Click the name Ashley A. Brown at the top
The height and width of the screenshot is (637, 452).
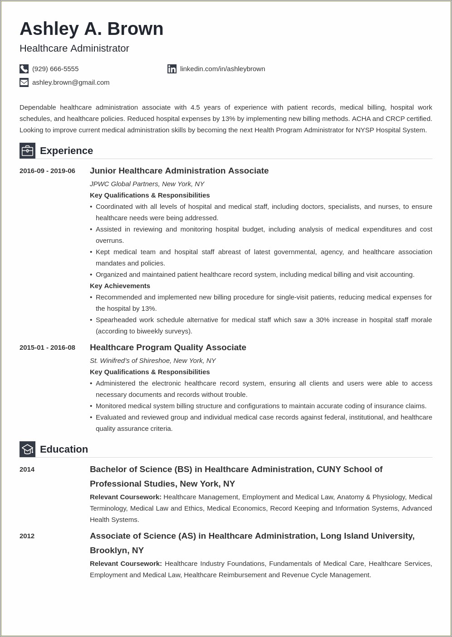(x=91, y=29)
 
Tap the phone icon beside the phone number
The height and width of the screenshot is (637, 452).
(x=24, y=69)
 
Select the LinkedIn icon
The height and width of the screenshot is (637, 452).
(x=172, y=69)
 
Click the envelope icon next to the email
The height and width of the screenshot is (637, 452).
(x=24, y=82)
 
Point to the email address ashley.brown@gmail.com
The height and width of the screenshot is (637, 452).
(x=71, y=82)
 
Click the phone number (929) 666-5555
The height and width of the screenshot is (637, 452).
(x=55, y=69)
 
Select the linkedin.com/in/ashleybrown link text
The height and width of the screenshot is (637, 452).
(x=222, y=69)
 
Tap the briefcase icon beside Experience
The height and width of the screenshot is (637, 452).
(x=27, y=150)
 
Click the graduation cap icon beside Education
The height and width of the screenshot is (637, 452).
(x=27, y=449)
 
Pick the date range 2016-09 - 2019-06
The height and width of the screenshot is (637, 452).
(x=47, y=171)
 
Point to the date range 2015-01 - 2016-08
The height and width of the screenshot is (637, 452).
(x=47, y=347)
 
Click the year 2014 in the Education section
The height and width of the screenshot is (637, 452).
(x=27, y=469)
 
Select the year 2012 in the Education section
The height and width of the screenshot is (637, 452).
(x=27, y=536)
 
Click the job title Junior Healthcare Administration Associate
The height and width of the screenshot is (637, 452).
(x=179, y=171)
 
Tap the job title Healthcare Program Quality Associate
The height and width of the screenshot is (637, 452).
(x=168, y=347)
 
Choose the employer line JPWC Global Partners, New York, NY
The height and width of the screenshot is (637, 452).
(x=147, y=184)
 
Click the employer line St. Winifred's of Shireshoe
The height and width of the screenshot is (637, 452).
(x=152, y=361)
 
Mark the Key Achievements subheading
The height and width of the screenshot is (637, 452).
(x=120, y=286)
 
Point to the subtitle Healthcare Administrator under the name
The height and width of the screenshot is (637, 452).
(x=74, y=48)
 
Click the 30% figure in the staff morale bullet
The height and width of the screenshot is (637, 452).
(x=323, y=320)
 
